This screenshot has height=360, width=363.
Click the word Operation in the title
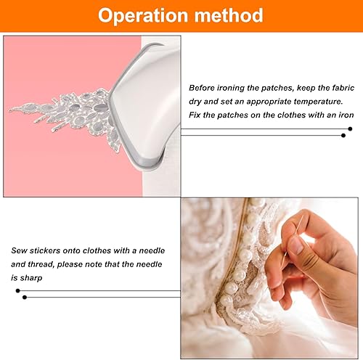pos(143,16)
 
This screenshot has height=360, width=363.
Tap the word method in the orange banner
pos(229,15)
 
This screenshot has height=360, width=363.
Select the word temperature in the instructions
pos(318,102)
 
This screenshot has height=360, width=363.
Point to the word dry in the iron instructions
pos(195,102)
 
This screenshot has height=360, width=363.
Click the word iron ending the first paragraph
pos(346,115)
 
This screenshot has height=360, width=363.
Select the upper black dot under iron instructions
pos(350,129)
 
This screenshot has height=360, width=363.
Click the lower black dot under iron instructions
pos(343,136)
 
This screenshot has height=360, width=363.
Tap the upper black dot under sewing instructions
pos(17,290)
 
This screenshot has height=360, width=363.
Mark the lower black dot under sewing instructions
pos(25,297)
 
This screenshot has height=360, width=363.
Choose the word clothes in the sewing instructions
pos(97,250)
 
